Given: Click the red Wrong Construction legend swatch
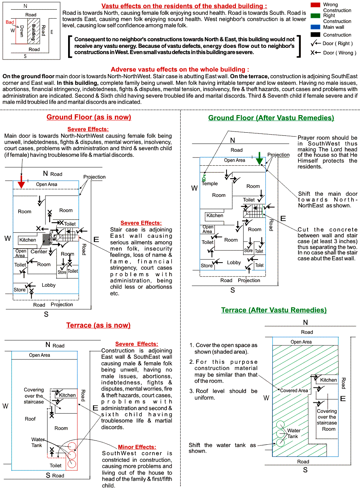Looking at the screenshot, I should tap(316, 5).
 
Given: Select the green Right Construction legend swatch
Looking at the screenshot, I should tap(316, 16).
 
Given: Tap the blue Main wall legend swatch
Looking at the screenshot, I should tap(316, 27).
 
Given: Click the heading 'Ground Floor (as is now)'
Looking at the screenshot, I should tap(89, 117).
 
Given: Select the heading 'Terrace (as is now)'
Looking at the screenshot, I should tap(98, 325).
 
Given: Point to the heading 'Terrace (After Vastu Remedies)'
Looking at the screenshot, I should tap(274, 310).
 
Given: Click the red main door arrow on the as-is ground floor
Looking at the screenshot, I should tap(21, 183).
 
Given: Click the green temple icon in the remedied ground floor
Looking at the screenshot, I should tap(204, 179).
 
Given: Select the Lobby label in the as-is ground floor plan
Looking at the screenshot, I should tap(49, 285).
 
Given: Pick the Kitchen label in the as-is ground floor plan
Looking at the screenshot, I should tap(28, 240).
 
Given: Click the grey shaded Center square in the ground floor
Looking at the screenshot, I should tap(46, 240).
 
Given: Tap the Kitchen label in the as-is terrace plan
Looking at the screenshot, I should tap(67, 395).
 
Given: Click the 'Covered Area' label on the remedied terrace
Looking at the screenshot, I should tap(294, 390).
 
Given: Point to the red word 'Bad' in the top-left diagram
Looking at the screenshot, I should tap(10, 23).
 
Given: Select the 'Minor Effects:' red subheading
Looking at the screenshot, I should tap(137, 447).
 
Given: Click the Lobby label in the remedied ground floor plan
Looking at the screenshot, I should tap(234, 263).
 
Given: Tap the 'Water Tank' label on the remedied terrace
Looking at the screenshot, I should tap(293, 433).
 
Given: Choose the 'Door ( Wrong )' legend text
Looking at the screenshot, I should tap(339, 53).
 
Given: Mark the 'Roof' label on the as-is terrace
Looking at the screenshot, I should tap(30, 419).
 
